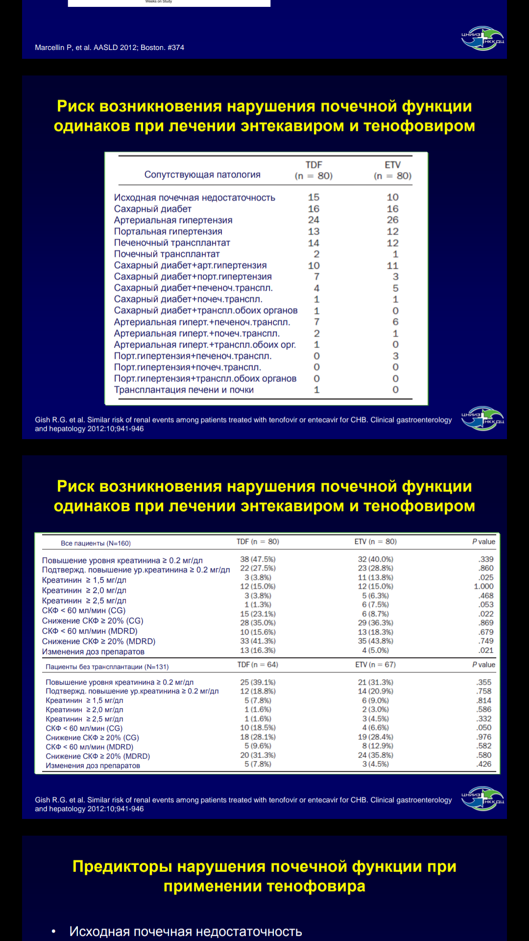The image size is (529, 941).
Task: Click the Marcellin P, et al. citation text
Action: click(x=109, y=48)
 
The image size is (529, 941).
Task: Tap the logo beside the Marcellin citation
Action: click(x=482, y=38)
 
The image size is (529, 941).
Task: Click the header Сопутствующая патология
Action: click(x=202, y=175)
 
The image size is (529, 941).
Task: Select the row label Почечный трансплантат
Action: click(x=167, y=254)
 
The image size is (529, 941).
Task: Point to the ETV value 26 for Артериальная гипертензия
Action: click(x=392, y=220)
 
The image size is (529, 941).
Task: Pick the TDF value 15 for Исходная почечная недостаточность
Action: click(x=313, y=197)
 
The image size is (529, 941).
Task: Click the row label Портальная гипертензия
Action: click(x=168, y=231)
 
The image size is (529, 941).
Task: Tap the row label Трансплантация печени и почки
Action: click(x=184, y=390)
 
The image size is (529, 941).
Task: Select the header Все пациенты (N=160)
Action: click(x=96, y=543)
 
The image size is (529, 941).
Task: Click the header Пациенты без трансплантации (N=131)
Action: click(x=107, y=667)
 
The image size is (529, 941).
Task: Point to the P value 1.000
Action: click(x=483, y=586)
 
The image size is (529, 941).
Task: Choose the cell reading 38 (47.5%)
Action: click(x=258, y=559)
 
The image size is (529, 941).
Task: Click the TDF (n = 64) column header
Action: click(x=258, y=665)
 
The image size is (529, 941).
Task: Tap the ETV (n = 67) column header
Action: click(x=375, y=665)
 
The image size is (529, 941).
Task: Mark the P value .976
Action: click(x=484, y=737)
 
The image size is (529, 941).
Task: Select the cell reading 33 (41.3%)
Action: click(x=258, y=641)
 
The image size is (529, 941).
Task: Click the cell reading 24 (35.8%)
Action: click(x=375, y=755)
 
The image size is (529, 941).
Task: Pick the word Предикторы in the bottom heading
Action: click(x=122, y=867)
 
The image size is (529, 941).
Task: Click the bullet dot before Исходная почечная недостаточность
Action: click(x=54, y=931)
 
